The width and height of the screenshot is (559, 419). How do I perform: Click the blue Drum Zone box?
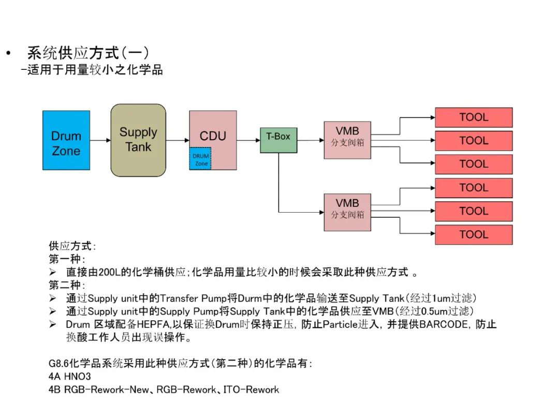[66, 140]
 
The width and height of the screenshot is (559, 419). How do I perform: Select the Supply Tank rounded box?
[138, 140]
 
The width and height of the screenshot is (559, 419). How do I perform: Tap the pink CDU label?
[213, 136]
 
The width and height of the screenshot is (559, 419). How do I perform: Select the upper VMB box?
[347, 137]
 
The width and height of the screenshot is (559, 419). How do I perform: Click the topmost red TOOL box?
[474, 117]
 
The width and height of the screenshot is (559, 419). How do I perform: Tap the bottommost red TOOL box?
[474, 234]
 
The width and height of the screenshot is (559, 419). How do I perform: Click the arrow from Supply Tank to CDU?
[178, 140]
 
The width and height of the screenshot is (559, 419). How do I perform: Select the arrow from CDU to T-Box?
[248, 140]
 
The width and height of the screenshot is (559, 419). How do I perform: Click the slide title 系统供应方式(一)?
[88, 53]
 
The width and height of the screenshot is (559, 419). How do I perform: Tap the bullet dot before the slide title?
[8, 53]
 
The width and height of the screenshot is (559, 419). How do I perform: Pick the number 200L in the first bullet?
[109, 272]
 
